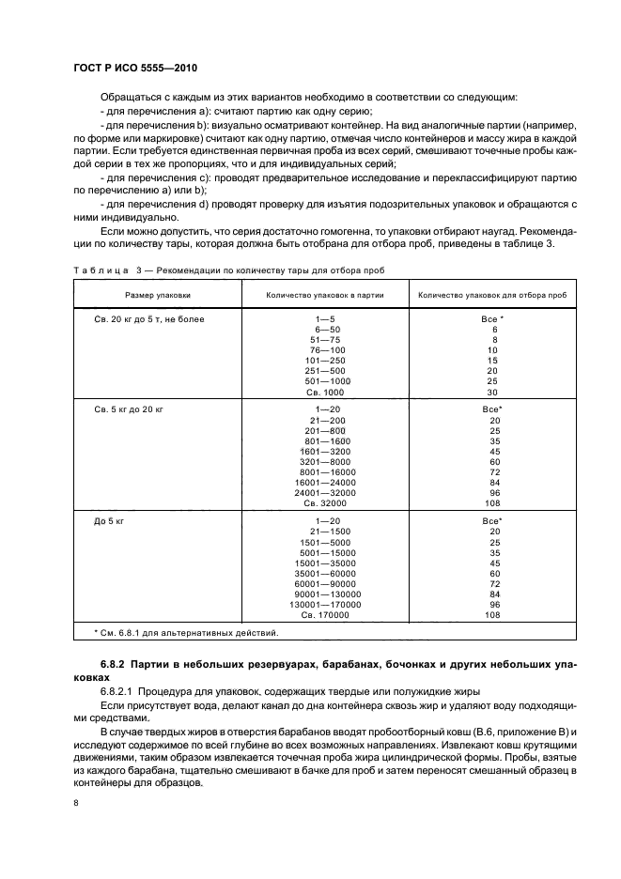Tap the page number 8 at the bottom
click(77, 803)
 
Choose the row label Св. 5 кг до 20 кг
click(130, 409)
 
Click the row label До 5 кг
click(109, 520)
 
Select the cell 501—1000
click(326, 381)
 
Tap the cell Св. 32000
click(326, 503)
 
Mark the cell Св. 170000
click(326, 614)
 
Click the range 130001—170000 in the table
click(326, 604)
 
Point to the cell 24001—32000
click(326, 493)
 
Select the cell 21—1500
click(326, 531)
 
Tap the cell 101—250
click(326, 361)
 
